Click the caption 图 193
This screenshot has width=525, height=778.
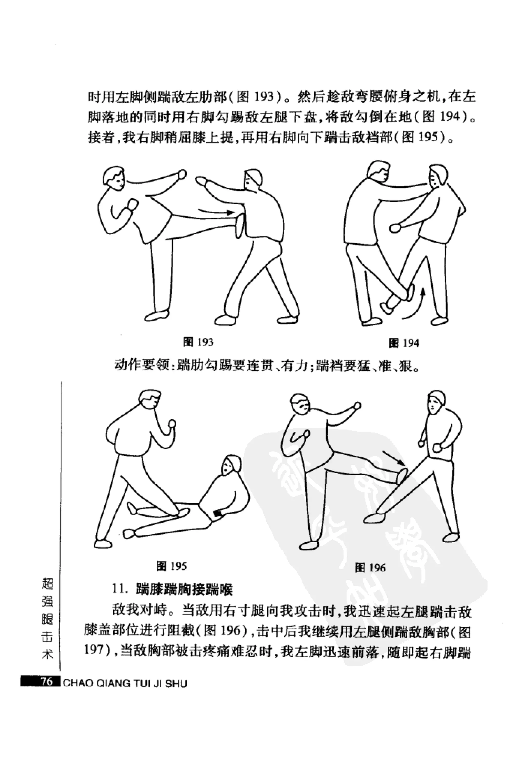click(198, 342)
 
